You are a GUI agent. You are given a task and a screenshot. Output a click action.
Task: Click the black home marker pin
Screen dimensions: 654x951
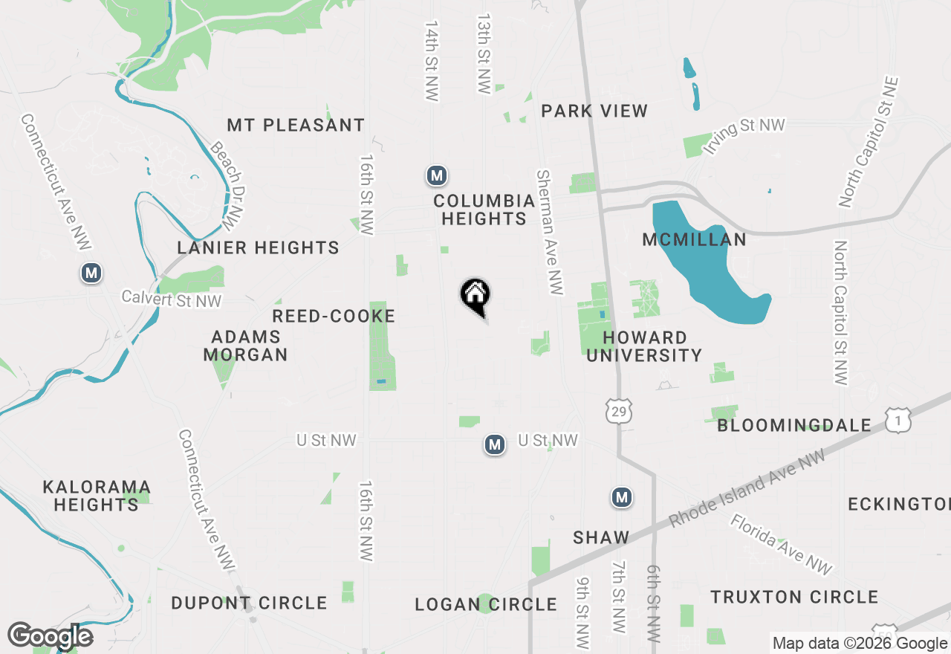point(475,296)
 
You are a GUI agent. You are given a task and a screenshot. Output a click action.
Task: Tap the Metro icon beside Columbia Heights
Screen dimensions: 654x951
point(437,176)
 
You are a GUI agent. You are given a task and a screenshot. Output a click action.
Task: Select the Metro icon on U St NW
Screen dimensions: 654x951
point(495,444)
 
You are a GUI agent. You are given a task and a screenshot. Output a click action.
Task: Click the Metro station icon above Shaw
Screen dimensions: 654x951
point(622,497)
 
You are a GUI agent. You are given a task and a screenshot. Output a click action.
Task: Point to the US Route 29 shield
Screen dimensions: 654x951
point(618,410)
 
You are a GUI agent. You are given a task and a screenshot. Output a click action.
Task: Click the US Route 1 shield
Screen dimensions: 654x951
point(898,421)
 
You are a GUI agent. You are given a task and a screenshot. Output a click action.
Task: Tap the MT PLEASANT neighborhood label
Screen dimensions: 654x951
point(296,125)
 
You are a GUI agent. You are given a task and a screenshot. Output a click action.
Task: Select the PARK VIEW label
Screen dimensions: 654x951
point(594,111)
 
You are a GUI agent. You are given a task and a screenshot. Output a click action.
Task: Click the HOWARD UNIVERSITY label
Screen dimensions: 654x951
point(644,347)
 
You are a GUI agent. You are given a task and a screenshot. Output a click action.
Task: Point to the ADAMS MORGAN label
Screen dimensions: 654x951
point(246,346)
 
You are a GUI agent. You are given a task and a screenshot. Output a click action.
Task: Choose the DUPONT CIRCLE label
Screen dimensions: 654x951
point(250,603)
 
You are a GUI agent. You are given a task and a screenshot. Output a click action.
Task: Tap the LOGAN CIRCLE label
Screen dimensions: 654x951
point(486,604)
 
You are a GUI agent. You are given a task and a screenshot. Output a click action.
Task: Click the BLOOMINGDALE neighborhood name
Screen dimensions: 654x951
point(794,426)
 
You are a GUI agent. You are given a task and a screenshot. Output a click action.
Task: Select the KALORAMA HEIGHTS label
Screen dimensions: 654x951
point(97,496)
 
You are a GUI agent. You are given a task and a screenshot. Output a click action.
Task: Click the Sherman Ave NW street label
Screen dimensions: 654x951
point(549,232)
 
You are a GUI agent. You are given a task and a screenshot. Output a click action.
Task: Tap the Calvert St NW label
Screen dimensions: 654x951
point(172,300)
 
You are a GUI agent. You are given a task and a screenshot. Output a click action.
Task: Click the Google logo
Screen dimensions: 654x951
point(51,636)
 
